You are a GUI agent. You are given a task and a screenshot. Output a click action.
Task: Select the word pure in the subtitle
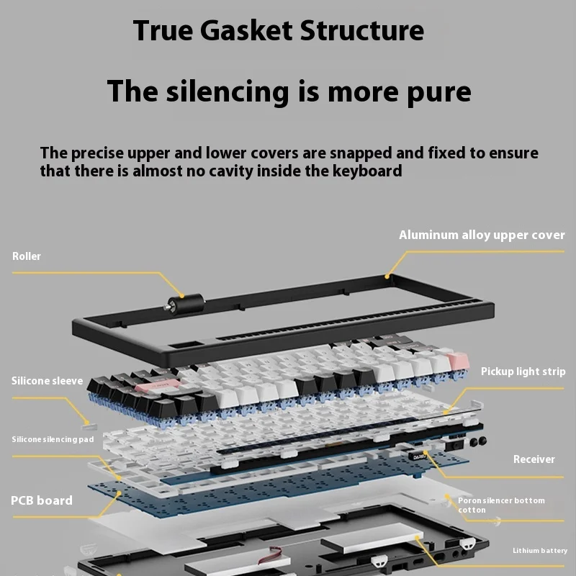pos(436,91)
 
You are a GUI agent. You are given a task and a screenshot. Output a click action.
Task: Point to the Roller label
pos(27,256)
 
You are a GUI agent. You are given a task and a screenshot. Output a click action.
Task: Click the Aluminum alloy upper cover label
pos(482,235)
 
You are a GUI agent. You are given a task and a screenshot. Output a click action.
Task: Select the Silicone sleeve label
pos(47,381)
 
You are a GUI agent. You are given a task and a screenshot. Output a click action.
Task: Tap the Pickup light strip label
pos(523,372)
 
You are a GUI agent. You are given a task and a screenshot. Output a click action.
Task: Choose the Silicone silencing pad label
pos(53,439)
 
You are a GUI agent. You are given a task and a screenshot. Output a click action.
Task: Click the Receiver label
pos(534,459)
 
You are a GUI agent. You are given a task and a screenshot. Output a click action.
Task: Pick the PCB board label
pos(42,500)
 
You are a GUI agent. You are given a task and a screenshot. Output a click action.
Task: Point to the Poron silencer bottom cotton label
pos(501,505)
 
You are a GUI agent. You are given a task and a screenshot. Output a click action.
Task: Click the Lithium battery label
pos(540,551)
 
